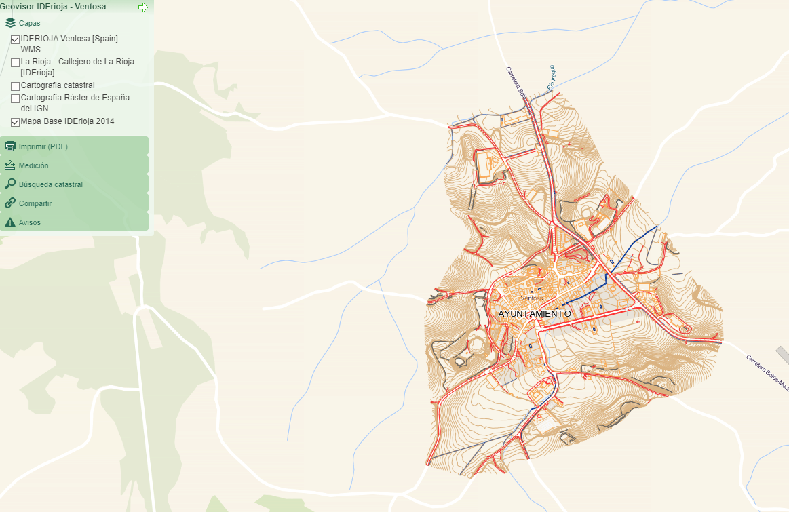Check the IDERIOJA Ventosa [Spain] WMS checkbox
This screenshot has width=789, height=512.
pyautogui.click(x=15, y=39)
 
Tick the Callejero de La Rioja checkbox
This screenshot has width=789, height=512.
pyautogui.click(x=15, y=62)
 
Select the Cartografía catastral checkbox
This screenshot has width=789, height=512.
pyautogui.click(x=15, y=86)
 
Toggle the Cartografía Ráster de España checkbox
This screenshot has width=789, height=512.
pyautogui.click(x=15, y=98)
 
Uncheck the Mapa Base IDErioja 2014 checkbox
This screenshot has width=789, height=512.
pyautogui.click(x=15, y=122)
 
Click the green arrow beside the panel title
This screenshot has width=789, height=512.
pyautogui.click(x=142, y=7)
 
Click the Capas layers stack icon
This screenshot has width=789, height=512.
pyautogui.click(x=10, y=23)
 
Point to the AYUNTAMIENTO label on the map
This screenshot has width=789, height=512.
pyautogui.click(x=535, y=314)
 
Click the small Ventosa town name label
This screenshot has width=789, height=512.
pyautogui.click(x=533, y=298)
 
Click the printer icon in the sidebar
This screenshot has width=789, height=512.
pyautogui.click(x=10, y=146)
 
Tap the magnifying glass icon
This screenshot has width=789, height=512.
pyautogui.click(x=10, y=184)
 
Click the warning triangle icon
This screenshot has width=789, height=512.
pyautogui.click(x=10, y=222)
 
